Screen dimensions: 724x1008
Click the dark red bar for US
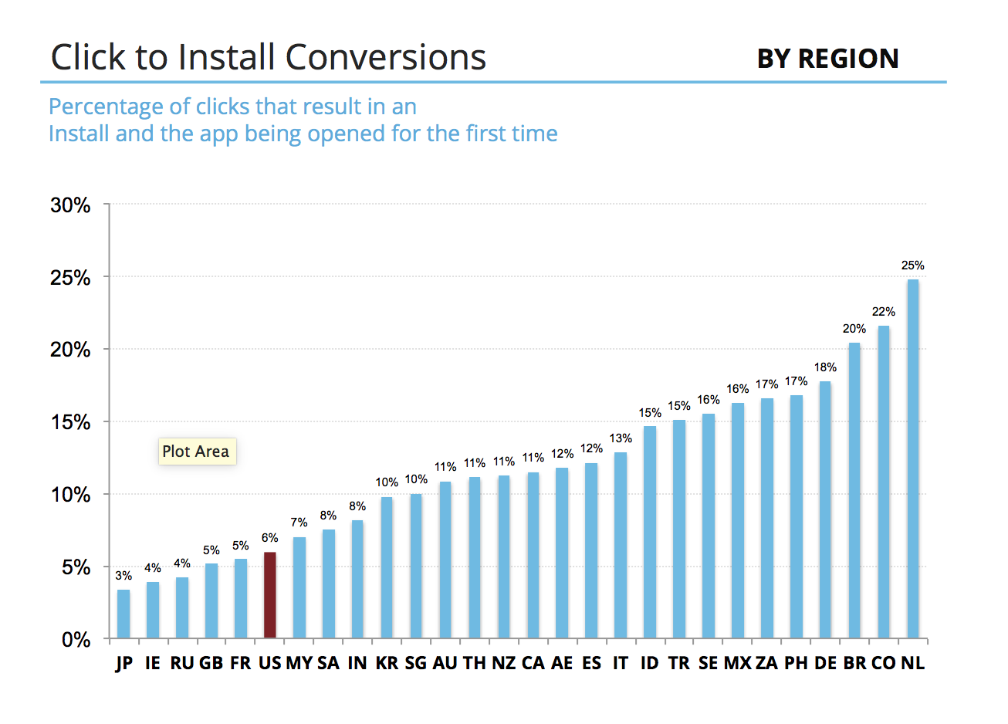point(269,594)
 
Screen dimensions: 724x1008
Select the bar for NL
point(913,459)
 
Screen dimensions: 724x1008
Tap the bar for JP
point(123,614)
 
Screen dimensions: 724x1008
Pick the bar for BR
point(854,491)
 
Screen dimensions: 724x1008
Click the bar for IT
point(621,546)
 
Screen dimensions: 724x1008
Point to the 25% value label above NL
point(912,266)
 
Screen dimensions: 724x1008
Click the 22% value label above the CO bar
point(884,312)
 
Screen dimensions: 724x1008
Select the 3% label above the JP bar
point(123,576)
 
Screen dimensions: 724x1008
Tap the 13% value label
point(621,438)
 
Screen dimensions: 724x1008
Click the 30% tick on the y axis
point(70,205)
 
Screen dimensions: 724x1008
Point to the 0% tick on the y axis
point(76,640)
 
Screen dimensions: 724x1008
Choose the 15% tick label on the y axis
point(70,423)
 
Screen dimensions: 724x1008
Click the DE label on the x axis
point(825,663)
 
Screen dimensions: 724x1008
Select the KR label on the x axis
point(387,663)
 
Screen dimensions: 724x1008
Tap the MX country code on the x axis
point(737,663)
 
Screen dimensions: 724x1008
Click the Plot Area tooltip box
point(196,452)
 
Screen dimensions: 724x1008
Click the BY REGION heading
point(827,59)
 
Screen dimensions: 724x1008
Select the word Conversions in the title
point(385,57)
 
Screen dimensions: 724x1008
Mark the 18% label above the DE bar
point(825,367)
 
